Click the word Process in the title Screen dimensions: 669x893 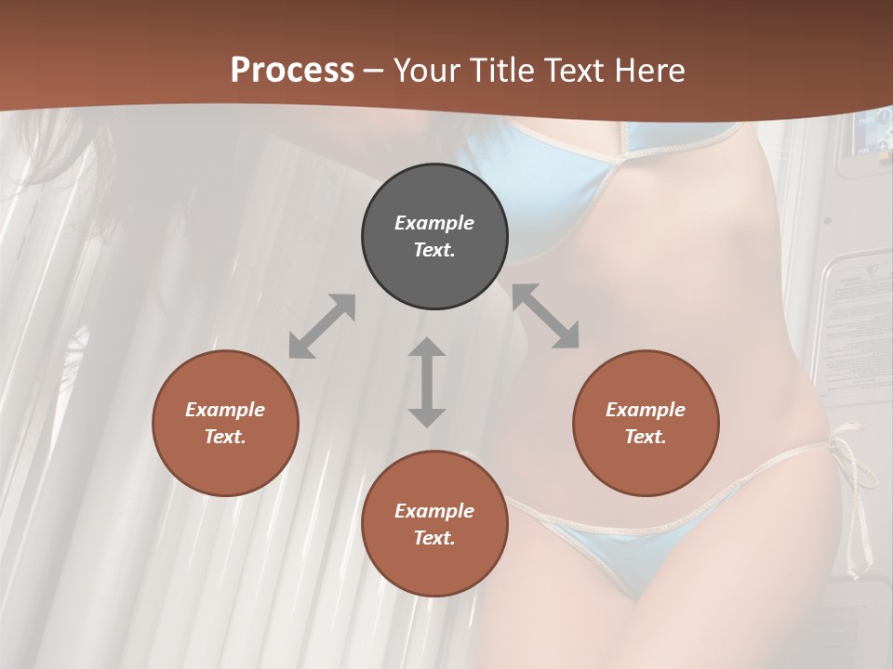(292, 71)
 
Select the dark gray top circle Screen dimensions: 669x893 (434, 237)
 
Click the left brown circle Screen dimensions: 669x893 (225, 423)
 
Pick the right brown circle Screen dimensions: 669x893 (646, 423)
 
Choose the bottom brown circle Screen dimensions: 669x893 (434, 524)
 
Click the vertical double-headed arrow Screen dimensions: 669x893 (427, 382)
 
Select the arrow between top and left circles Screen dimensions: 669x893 (322, 326)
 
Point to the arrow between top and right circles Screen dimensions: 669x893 (545, 316)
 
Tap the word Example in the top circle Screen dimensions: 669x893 (434, 223)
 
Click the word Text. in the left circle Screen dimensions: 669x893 (225, 437)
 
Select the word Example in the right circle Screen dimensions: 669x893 (646, 410)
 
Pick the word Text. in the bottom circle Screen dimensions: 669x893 (434, 538)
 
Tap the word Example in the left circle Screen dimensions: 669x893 (225, 410)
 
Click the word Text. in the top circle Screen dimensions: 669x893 (434, 250)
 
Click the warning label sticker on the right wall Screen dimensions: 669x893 (860, 307)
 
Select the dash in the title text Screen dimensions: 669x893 (374, 72)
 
